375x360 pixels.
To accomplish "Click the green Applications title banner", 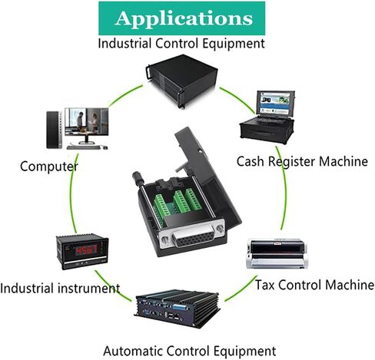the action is [x=181, y=18].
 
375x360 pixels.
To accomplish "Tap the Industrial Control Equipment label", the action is [x=181, y=43].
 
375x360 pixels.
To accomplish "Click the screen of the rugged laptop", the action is [x=274, y=103].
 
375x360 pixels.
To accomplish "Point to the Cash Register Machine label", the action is [x=302, y=161].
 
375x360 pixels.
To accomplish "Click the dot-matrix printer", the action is [x=277, y=253].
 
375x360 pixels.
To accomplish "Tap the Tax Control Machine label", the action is [x=315, y=285].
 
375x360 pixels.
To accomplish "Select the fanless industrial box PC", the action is [x=178, y=309].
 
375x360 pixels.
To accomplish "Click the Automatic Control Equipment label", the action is [x=190, y=351].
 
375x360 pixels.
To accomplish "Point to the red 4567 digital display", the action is [x=86, y=250].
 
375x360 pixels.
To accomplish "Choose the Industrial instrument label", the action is [x=60, y=288].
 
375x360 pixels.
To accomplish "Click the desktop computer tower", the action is [x=54, y=130].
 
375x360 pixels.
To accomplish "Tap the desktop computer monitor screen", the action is [x=87, y=121].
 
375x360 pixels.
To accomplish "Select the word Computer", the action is [x=49, y=167].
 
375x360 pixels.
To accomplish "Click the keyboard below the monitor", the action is [x=84, y=147].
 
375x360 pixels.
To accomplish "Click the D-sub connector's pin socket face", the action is [x=195, y=239].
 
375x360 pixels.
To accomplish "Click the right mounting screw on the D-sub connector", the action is [x=220, y=228].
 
